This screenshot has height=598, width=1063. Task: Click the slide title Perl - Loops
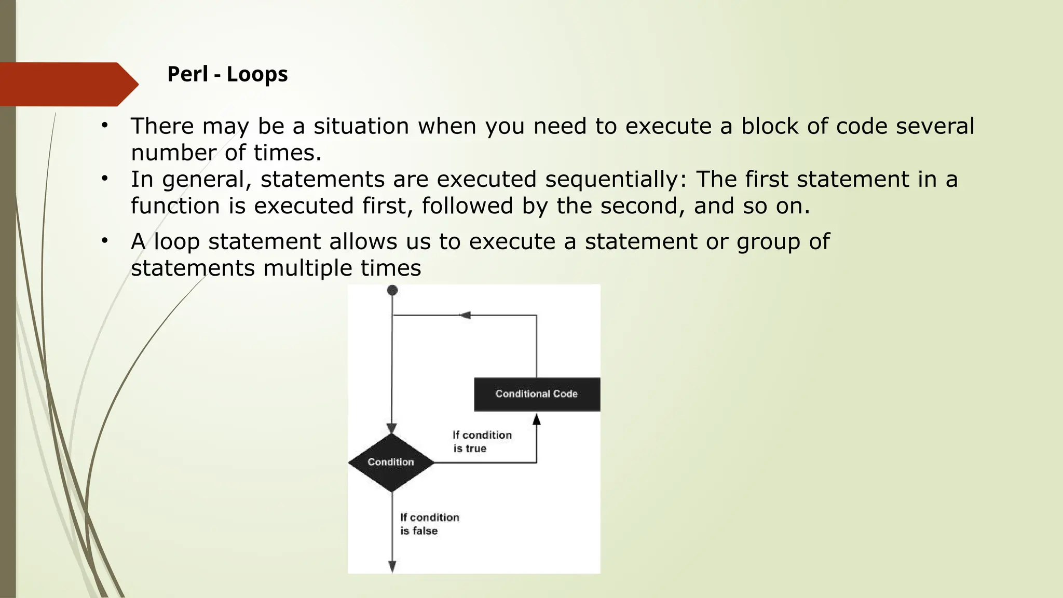(x=227, y=74)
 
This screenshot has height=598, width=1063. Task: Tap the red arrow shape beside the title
(x=67, y=84)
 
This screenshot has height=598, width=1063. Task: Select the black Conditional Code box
(x=537, y=394)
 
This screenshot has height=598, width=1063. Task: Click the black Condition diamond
(x=391, y=462)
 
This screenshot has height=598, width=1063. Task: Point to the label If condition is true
(x=482, y=442)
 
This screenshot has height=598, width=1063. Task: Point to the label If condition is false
(x=429, y=524)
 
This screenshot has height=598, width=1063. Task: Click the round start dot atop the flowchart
(x=392, y=290)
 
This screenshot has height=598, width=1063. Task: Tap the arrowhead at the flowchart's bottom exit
(x=392, y=566)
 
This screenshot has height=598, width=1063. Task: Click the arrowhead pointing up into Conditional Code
(x=537, y=419)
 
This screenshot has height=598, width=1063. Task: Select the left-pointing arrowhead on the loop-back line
(x=465, y=315)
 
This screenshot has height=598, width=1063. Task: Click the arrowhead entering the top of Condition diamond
(x=392, y=428)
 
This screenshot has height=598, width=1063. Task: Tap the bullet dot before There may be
(x=105, y=125)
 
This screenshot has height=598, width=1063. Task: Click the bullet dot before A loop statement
(x=105, y=240)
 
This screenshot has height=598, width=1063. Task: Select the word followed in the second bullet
(x=467, y=206)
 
